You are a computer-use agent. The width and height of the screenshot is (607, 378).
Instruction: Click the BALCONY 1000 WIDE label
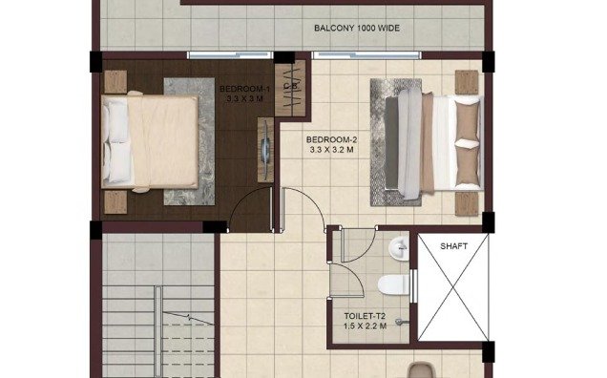(x=356, y=28)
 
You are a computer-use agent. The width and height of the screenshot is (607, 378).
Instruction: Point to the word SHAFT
(x=453, y=246)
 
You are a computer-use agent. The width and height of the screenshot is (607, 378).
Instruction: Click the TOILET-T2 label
(x=366, y=314)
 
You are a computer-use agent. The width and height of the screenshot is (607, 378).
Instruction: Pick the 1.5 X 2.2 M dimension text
(x=366, y=325)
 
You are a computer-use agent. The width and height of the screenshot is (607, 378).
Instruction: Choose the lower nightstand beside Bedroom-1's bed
(x=115, y=201)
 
